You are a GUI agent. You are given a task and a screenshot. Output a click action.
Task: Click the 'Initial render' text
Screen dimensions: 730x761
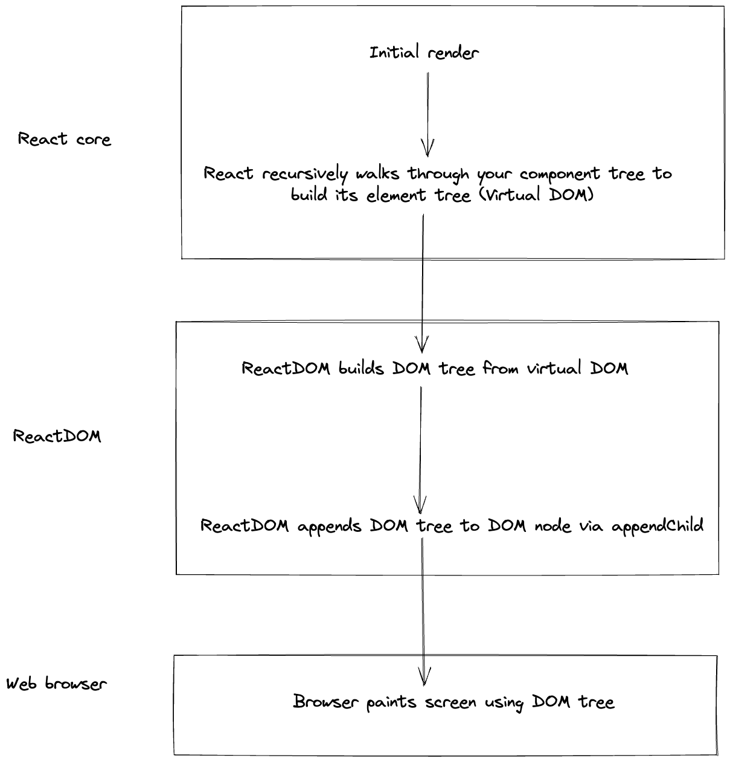424,53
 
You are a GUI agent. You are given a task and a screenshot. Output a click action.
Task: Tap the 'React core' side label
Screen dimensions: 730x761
65,139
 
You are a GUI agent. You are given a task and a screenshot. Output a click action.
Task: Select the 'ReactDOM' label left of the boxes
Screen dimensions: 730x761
57,436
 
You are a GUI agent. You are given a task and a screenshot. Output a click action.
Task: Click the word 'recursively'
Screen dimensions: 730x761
305,174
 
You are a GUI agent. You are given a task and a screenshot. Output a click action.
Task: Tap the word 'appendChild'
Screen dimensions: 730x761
658,526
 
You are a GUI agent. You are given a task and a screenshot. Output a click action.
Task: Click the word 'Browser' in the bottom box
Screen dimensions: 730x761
325,702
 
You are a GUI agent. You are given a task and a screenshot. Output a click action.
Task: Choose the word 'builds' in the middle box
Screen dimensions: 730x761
361,368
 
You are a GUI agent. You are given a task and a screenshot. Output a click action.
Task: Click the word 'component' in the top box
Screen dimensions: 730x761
559,175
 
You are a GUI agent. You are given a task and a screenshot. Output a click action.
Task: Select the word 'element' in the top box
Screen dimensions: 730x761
397,195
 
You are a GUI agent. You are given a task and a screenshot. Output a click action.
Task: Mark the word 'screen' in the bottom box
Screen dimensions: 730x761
450,703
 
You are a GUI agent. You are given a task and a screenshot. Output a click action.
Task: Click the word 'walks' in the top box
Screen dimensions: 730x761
377,173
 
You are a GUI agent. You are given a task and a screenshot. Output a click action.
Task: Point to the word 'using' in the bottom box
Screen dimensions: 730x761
504,704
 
